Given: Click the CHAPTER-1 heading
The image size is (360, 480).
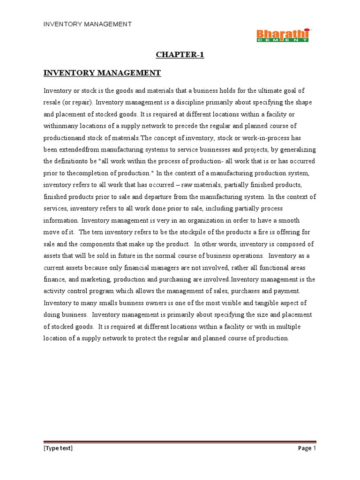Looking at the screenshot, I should tap(180, 55).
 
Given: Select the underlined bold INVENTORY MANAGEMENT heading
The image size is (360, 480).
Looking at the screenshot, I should tap(102, 73).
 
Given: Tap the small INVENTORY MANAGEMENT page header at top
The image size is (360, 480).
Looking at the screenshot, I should tap(88, 24).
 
